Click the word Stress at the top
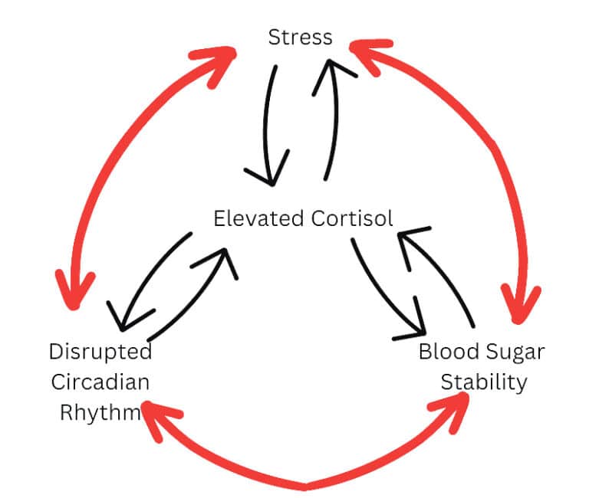300,38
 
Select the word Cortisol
352,218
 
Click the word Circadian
100,382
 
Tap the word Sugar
515,353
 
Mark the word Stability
483,382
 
